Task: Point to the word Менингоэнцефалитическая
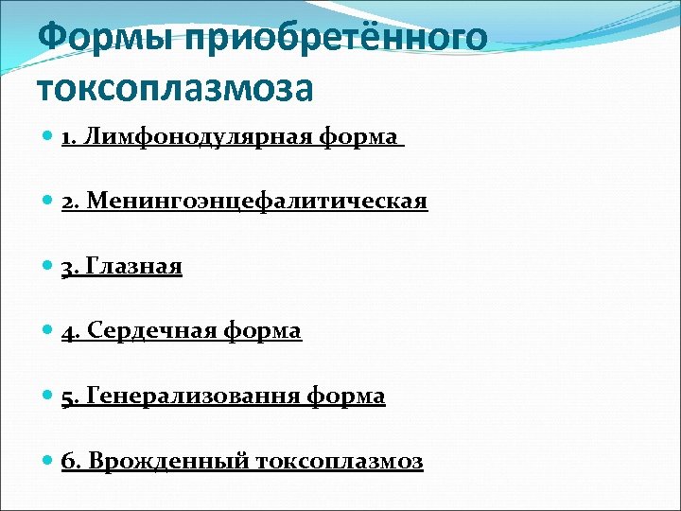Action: (x=257, y=203)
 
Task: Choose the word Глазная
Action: (x=133, y=267)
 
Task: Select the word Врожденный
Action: (x=167, y=461)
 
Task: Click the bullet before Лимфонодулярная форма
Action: (x=49, y=137)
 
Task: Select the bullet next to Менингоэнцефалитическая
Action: (x=49, y=202)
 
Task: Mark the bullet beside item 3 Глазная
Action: (x=49, y=267)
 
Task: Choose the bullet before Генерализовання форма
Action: (x=49, y=396)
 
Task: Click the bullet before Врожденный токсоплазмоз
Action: (x=49, y=461)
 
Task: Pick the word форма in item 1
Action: (x=358, y=137)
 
